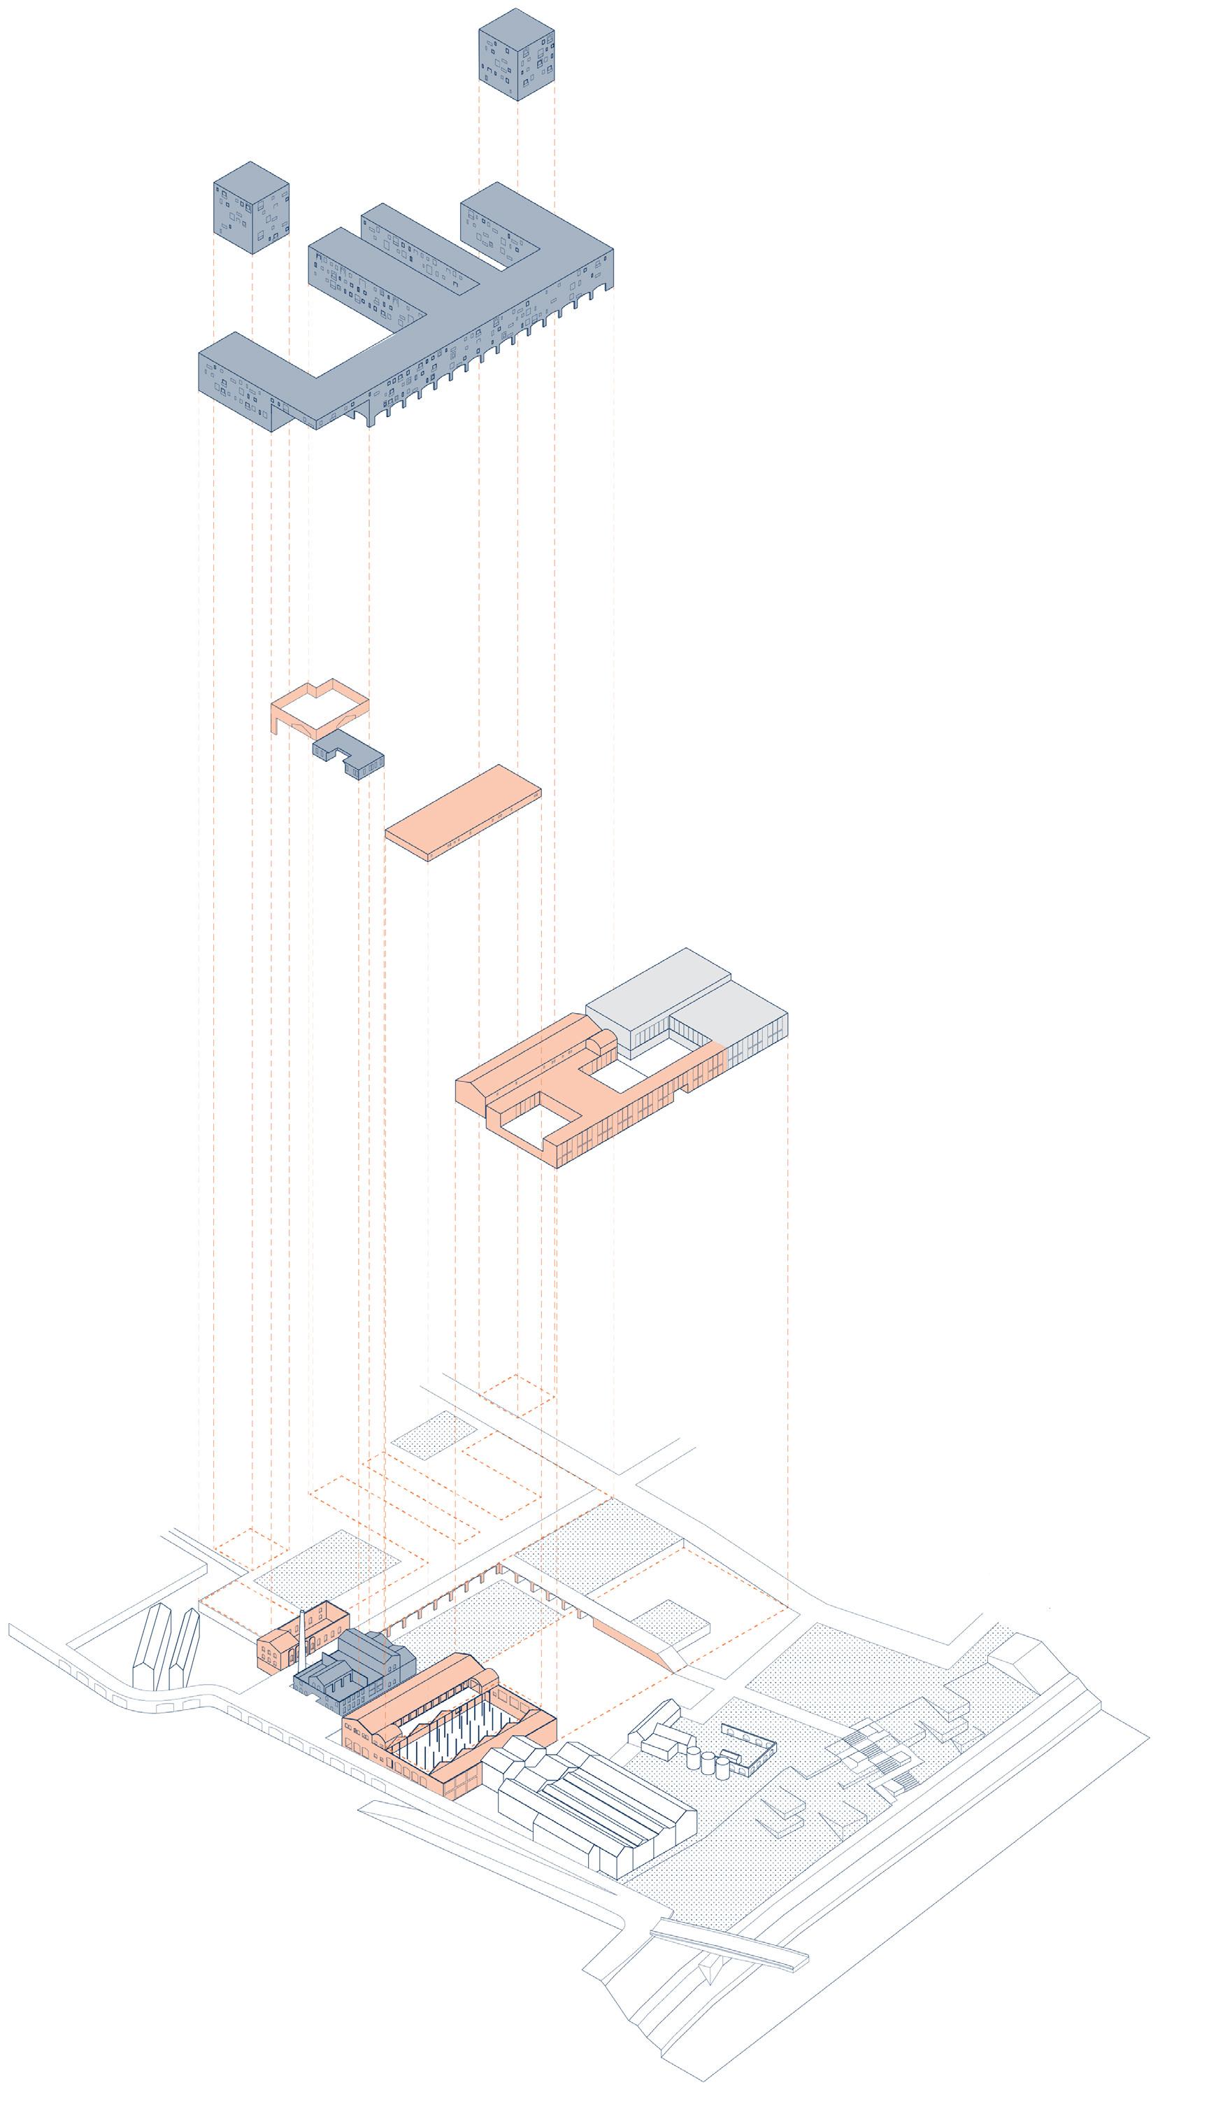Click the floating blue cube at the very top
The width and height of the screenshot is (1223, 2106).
tap(516, 55)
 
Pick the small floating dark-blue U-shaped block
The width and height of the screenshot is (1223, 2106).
tap(348, 752)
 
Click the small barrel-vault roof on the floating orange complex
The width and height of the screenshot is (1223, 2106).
tap(601, 1040)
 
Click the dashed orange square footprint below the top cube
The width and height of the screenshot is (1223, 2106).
tap(516, 1394)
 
